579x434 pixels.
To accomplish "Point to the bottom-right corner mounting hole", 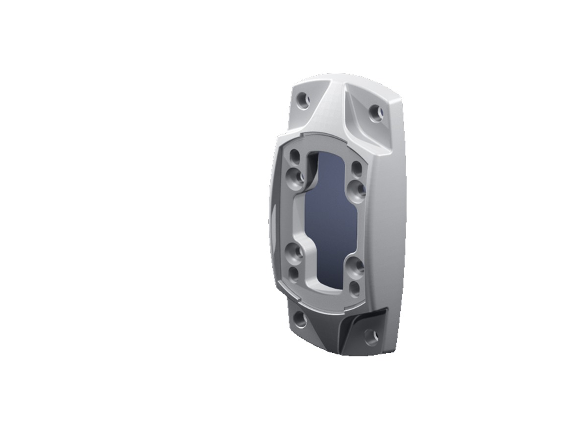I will click(x=371, y=337).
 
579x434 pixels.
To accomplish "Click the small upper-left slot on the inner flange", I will click(x=295, y=157).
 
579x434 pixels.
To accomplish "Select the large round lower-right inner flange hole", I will click(x=356, y=266).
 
